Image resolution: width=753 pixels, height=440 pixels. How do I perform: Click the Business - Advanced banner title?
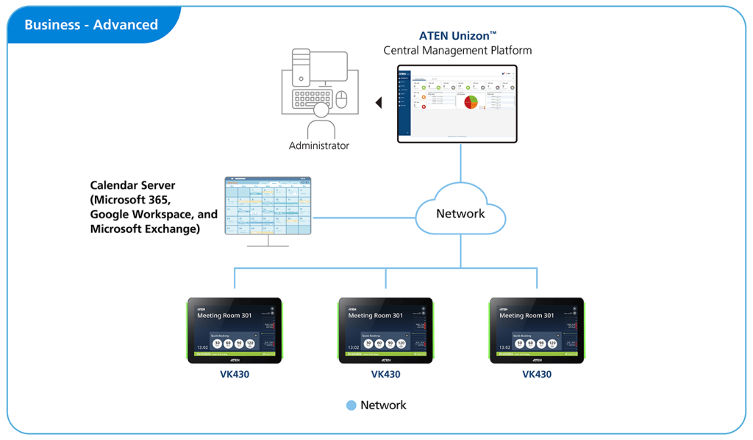click(x=91, y=25)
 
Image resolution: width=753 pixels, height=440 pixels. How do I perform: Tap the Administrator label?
click(x=319, y=145)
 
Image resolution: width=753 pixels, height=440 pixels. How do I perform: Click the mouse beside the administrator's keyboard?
click(x=341, y=98)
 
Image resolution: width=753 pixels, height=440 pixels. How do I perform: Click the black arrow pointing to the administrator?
click(x=379, y=103)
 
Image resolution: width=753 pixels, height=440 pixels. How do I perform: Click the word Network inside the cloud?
click(x=460, y=214)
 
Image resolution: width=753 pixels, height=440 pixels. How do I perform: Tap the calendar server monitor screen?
click(x=268, y=206)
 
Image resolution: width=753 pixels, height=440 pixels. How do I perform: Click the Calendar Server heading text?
click(x=133, y=185)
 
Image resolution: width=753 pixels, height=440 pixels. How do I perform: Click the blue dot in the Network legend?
click(x=351, y=405)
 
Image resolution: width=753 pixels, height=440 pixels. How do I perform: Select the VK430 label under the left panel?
click(x=234, y=374)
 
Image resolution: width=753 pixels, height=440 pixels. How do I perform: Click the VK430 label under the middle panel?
click(x=385, y=374)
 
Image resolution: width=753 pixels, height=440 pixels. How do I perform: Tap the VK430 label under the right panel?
click(x=537, y=374)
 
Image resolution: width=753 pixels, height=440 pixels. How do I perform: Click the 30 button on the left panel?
click(x=218, y=343)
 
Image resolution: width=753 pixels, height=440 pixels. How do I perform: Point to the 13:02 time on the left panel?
click(x=201, y=347)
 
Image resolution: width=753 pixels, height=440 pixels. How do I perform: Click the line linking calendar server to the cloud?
click(x=363, y=217)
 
